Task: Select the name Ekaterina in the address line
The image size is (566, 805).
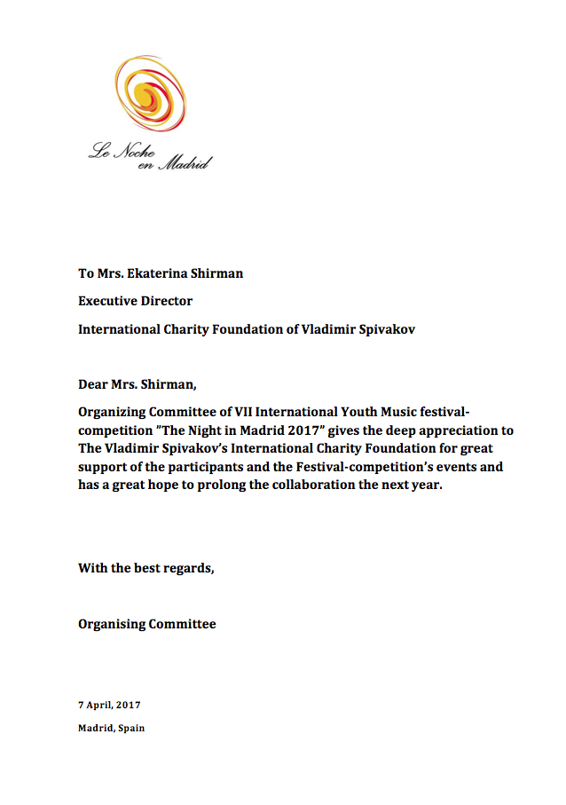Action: tap(167, 273)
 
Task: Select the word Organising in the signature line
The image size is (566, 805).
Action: tap(112, 624)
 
